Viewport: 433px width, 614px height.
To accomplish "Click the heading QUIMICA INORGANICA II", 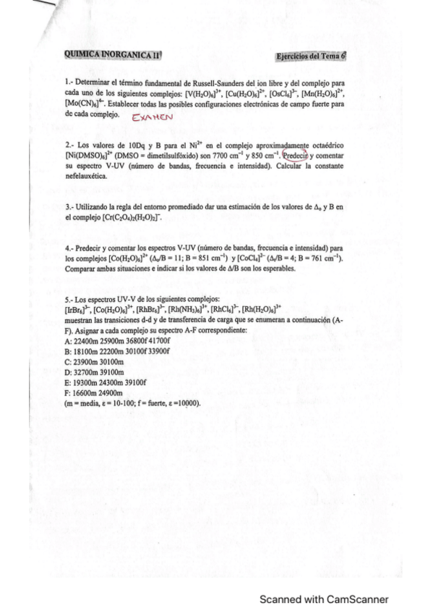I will pyautogui.click(x=111, y=54).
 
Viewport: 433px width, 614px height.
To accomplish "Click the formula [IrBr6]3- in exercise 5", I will pyautogui.click(x=77, y=309).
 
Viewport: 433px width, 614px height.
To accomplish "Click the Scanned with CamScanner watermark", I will pyautogui.click(x=325, y=599).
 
